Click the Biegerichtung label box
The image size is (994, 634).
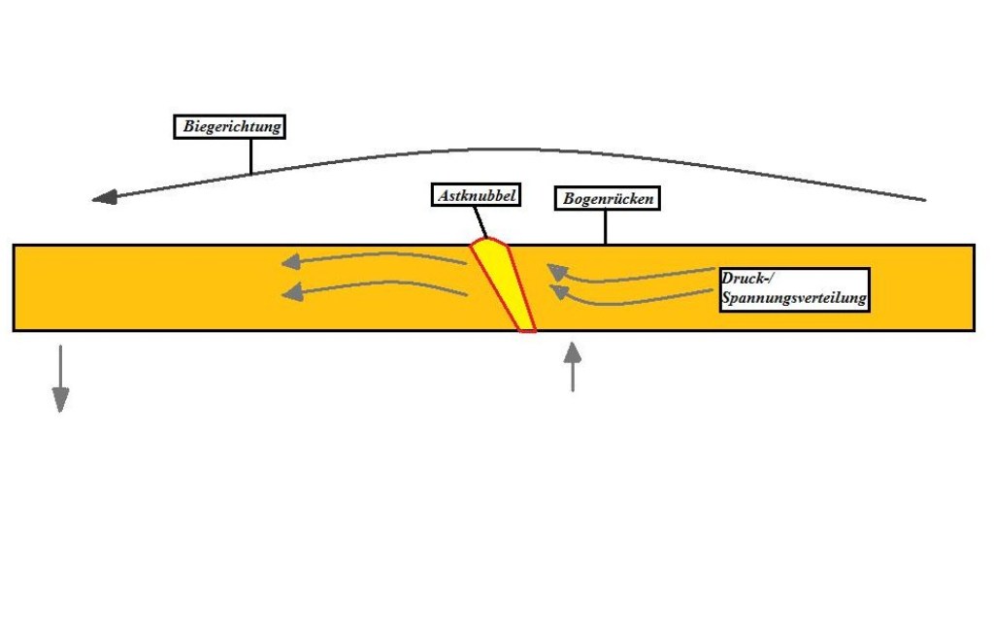233,126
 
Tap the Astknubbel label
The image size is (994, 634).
476,195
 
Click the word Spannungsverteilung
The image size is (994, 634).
793,300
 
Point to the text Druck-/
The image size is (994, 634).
745,279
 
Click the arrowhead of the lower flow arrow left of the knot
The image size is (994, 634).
290,291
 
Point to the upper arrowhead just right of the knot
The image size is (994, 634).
555,269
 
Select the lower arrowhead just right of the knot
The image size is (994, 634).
558,290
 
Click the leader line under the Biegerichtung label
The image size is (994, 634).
250,155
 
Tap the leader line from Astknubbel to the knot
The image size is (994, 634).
482,221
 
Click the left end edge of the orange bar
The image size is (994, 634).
14,287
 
